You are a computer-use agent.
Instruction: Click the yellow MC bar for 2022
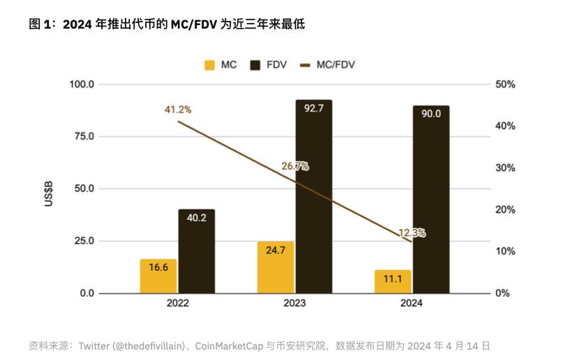click(158, 276)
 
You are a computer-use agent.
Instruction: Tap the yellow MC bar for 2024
click(393, 281)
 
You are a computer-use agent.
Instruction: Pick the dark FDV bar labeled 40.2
click(196, 251)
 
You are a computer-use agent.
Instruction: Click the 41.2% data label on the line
click(178, 110)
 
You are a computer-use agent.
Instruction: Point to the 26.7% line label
click(294, 166)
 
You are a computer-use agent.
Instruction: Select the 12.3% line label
click(412, 233)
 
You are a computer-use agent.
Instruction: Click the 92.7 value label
click(313, 108)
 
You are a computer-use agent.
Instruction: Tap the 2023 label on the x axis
click(294, 303)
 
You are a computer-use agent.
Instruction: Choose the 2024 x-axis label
click(412, 303)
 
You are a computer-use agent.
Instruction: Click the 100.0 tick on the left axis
click(81, 84)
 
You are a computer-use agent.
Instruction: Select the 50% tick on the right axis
click(505, 84)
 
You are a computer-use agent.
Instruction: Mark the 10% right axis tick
click(505, 251)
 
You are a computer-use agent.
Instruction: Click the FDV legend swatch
click(255, 66)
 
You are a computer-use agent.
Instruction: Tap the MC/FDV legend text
click(336, 65)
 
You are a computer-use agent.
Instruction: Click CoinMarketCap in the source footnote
click(226, 345)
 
